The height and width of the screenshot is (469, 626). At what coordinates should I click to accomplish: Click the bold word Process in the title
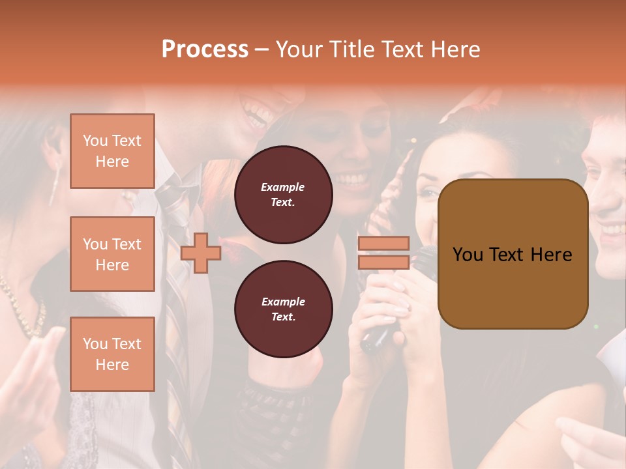point(205,49)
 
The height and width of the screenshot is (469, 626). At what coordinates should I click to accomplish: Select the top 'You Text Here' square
point(112,151)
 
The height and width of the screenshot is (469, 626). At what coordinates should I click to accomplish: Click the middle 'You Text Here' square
point(112,254)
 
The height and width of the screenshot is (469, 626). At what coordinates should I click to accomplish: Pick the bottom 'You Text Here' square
point(112,354)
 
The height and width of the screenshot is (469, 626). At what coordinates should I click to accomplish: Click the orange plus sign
point(201,253)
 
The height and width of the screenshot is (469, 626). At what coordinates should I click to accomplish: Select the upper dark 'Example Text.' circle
point(283,195)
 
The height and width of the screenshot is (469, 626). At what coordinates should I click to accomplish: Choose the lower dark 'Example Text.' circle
point(283,309)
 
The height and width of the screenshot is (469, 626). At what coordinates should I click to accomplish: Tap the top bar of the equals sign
point(383,244)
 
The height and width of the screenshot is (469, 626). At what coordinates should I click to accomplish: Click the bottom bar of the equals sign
point(383,262)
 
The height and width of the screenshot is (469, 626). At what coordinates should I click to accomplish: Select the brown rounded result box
point(513,254)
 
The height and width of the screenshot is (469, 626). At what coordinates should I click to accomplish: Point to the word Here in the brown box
point(551,255)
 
